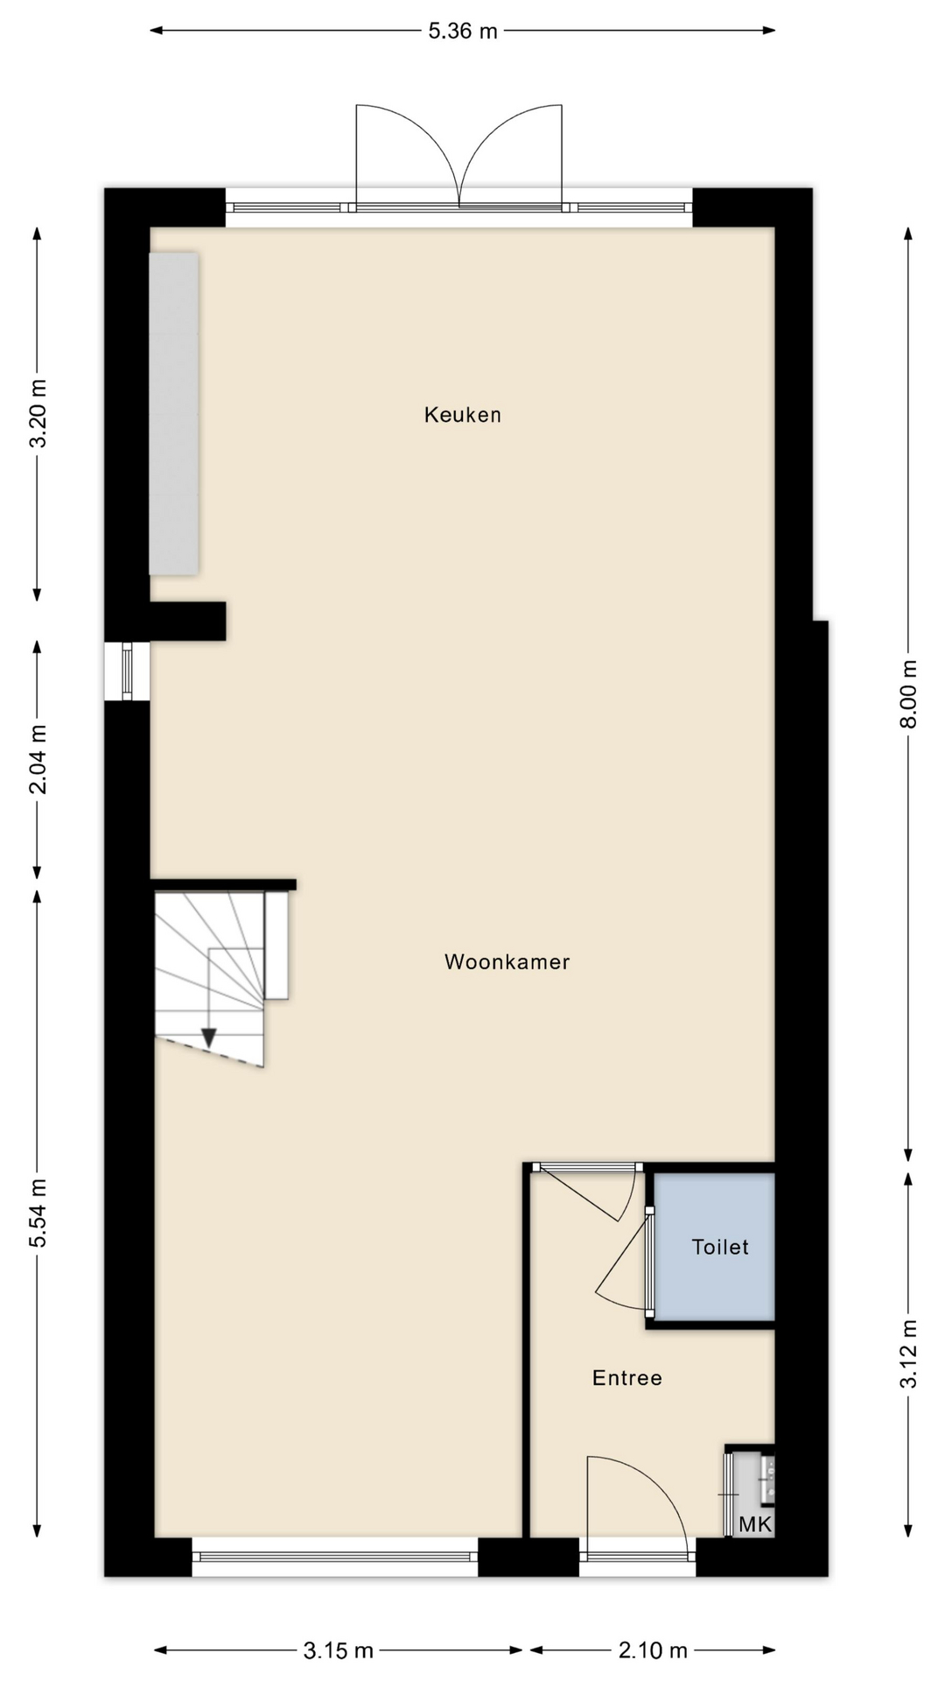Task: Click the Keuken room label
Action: (x=462, y=415)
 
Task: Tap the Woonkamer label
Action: (x=507, y=962)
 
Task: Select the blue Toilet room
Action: (x=714, y=1247)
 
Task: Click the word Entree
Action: (x=626, y=1378)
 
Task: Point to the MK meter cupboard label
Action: (x=755, y=1525)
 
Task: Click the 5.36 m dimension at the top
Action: (x=463, y=32)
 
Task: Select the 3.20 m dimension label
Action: (x=38, y=413)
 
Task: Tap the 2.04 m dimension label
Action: (x=38, y=759)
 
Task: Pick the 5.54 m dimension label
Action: (x=38, y=1213)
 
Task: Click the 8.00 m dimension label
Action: (x=909, y=693)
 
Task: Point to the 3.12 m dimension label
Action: (x=909, y=1353)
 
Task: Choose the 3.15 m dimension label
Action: (x=339, y=1651)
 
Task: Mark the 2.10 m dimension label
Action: (x=653, y=1651)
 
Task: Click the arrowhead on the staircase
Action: (x=208, y=1037)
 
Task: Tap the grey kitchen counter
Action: (x=173, y=414)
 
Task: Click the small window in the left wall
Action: (x=128, y=672)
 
